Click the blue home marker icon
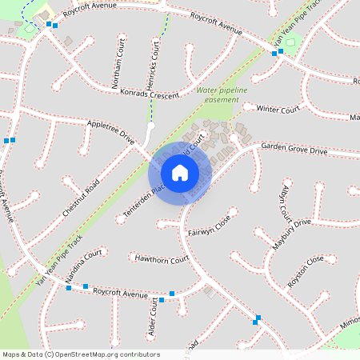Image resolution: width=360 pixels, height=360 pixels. point(180,172)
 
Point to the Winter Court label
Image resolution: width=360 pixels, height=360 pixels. point(278,109)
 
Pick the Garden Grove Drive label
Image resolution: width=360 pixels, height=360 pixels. point(294,150)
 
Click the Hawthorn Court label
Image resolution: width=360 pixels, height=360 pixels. point(162,259)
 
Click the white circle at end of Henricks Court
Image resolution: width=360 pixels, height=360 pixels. point(150,126)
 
